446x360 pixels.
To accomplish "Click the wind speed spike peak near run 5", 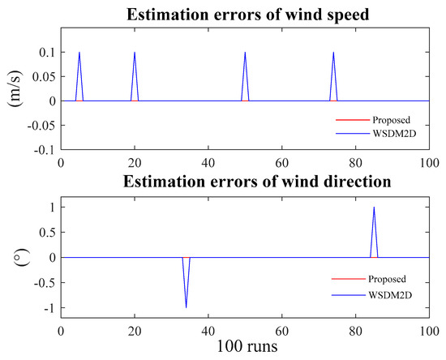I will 79,53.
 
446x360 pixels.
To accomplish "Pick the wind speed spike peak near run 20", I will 135,53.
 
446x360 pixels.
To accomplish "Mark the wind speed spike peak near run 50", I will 245,53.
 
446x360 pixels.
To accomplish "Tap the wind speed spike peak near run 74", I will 333,53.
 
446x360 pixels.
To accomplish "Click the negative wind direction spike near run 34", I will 187,307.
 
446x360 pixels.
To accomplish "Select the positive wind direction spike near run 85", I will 374,208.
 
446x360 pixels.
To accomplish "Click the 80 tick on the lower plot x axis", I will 355,332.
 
